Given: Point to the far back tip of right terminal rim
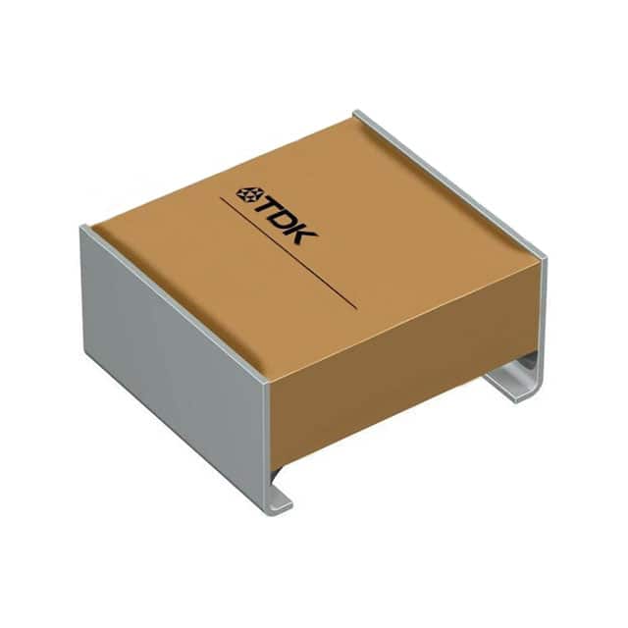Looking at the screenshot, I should click(x=357, y=115).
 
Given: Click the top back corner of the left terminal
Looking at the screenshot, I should click(x=84, y=228).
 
